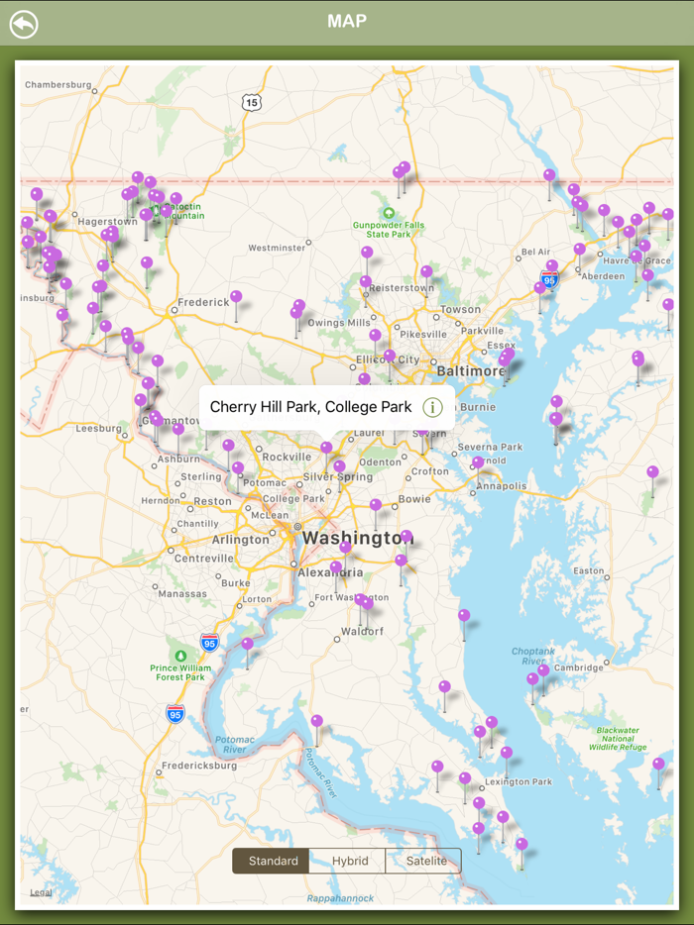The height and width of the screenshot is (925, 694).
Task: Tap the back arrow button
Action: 24,23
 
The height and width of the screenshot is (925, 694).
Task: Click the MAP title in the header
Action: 347,21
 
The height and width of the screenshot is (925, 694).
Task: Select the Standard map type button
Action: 273,861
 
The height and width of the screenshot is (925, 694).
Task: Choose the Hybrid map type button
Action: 349,861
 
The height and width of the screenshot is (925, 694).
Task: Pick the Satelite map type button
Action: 425,861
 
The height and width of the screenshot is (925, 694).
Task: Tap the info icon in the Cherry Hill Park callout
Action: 432,407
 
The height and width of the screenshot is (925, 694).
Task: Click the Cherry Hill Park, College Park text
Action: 310,407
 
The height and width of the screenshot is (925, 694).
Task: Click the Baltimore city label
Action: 471,371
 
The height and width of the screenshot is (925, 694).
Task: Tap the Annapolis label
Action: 501,486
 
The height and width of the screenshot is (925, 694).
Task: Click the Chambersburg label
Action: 58,85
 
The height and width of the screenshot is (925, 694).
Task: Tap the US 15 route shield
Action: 253,102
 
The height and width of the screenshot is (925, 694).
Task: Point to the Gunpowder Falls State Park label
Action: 389,230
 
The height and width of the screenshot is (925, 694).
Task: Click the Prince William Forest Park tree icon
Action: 180,656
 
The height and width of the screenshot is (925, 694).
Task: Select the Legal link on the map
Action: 41,892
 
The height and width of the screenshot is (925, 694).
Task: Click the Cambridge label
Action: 579,668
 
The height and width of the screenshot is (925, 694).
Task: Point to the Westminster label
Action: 277,248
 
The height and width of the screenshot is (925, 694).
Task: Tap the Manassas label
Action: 182,594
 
